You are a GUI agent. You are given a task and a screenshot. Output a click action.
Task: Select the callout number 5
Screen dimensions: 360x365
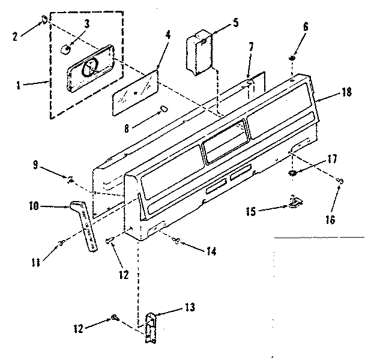[x=235, y=24]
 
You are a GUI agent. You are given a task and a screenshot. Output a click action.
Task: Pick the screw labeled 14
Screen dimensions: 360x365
[x=175, y=241]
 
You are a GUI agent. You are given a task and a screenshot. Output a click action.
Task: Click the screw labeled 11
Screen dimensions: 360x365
[x=61, y=242]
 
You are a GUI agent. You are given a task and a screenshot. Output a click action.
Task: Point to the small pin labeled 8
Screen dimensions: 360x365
[x=163, y=109]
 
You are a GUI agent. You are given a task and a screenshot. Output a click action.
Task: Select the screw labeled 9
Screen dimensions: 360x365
[x=71, y=178]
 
